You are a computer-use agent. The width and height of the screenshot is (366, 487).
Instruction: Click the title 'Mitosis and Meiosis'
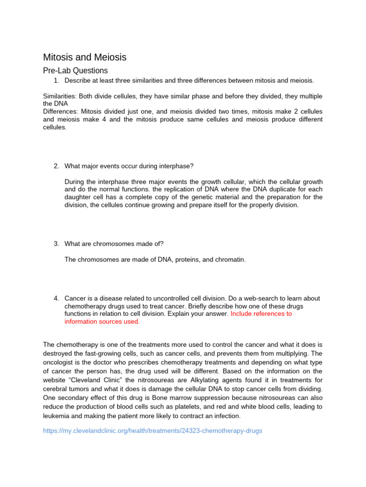[85, 58]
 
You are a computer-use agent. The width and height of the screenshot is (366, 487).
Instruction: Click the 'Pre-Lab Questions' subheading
[75, 71]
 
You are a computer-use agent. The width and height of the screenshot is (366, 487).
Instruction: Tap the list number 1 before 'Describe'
[56, 80]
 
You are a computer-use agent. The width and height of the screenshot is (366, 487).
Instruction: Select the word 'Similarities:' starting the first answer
[60, 96]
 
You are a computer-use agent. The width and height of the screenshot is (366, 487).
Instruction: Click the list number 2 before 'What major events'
[56, 166]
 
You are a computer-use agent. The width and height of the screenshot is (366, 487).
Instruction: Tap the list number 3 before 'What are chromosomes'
[56, 244]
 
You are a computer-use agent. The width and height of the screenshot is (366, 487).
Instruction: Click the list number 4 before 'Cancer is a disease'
[56, 298]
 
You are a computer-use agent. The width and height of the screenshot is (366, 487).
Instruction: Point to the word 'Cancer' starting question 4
[75, 298]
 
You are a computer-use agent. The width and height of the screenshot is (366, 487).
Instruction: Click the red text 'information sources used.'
[102, 321]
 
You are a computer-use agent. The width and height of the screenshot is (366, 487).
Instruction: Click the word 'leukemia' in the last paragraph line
[57, 416]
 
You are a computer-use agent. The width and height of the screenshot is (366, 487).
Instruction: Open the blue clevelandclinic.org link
[152, 431]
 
